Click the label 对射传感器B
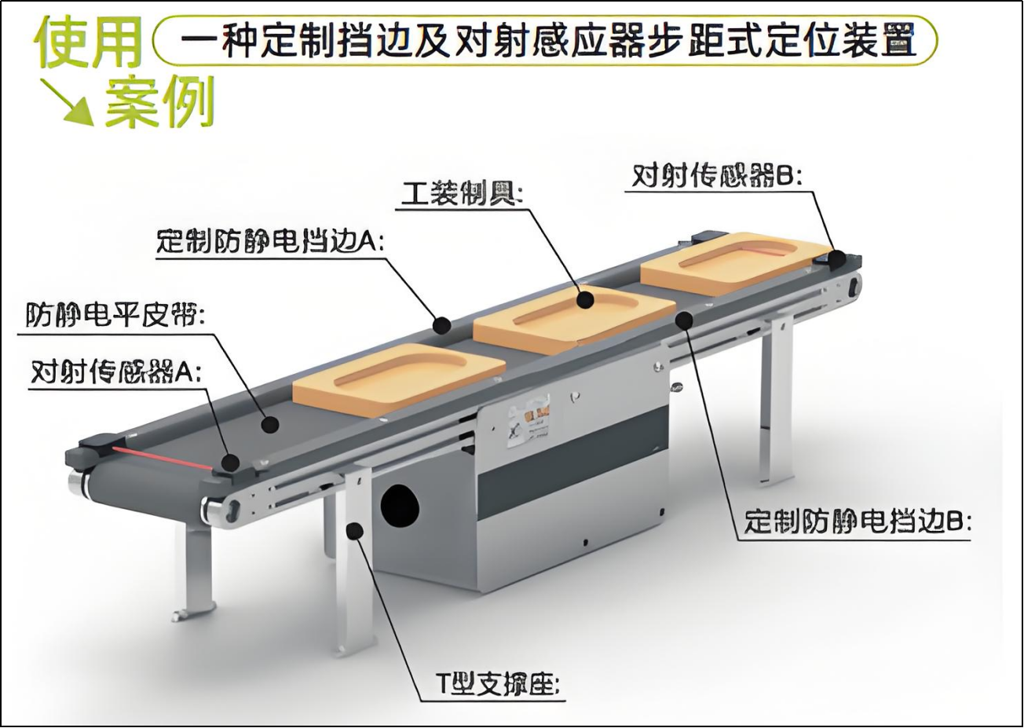point(716,176)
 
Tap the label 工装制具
point(461,193)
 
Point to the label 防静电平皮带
point(115,316)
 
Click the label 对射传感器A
point(115,371)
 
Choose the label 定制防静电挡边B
point(857,521)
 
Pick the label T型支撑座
point(499,685)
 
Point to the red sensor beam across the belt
point(161,457)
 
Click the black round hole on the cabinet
point(400,504)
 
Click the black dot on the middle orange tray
point(584,299)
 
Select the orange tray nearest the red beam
point(399,377)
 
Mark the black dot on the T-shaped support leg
point(354,532)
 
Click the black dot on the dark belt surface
point(271,425)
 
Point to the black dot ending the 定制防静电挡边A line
point(442,323)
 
